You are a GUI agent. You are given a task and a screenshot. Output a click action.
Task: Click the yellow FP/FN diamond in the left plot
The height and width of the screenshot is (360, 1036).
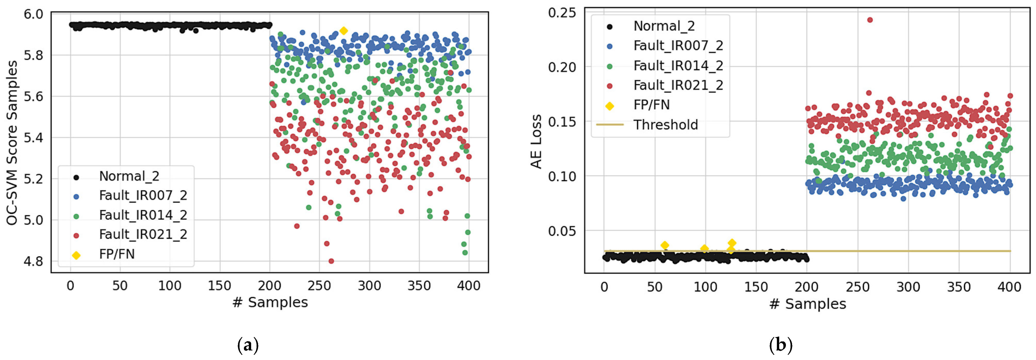coord(343,31)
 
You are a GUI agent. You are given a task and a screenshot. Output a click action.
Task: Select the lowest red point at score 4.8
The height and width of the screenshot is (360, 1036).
coord(331,261)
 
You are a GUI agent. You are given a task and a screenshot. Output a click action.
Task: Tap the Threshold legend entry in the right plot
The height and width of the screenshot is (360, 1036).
coord(665,125)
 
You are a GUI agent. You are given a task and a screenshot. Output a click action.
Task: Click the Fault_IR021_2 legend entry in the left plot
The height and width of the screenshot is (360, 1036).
coord(143,234)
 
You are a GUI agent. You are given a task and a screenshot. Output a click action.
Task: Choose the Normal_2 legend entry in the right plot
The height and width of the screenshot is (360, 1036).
coord(664,26)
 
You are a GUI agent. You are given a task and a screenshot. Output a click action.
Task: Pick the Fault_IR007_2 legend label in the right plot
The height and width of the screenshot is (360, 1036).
coord(678,46)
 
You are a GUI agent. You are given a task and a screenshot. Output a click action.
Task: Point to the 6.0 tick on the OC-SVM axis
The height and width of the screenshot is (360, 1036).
coord(33,14)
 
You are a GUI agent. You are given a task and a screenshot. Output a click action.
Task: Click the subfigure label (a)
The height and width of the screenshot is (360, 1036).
coord(248,345)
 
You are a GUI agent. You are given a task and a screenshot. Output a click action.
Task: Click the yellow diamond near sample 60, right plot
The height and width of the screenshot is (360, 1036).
coord(665,245)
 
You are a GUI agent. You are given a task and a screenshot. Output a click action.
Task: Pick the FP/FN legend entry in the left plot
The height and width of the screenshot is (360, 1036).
coord(117,254)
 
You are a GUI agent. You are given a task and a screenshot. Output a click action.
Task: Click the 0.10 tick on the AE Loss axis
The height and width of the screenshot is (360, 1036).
coord(562,176)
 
